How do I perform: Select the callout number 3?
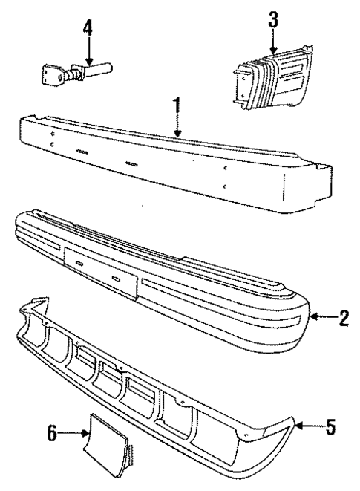coord(273,18)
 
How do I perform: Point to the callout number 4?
coord(88,29)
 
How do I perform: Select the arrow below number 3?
coord(273,41)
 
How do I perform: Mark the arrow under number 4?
coord(88,52)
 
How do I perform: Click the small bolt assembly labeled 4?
coord(74,74)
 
